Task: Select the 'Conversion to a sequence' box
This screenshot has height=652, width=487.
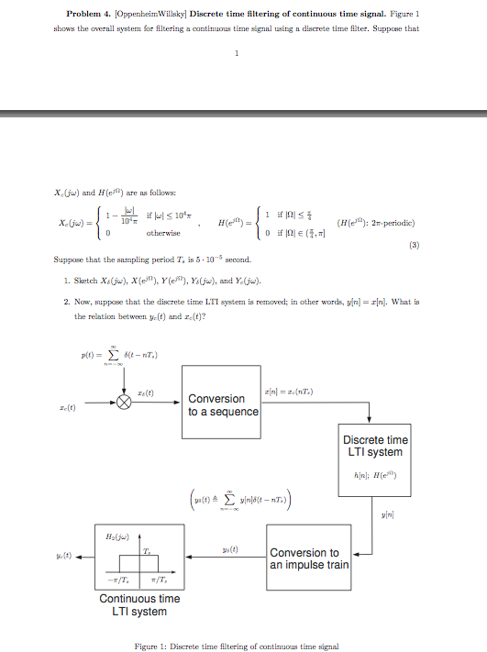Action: pyautogui.click(x=221, y=404)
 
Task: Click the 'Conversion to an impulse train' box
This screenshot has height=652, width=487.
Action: pyautogui.click(x=308, y=558)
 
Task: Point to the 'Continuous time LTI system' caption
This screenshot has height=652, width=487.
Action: pyautogui.click(x=139, y=604)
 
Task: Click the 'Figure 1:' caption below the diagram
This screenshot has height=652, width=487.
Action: pyautogui.click(x=150, y=646)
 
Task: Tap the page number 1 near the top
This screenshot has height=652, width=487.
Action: pyautogui.click(x=236, y=52)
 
